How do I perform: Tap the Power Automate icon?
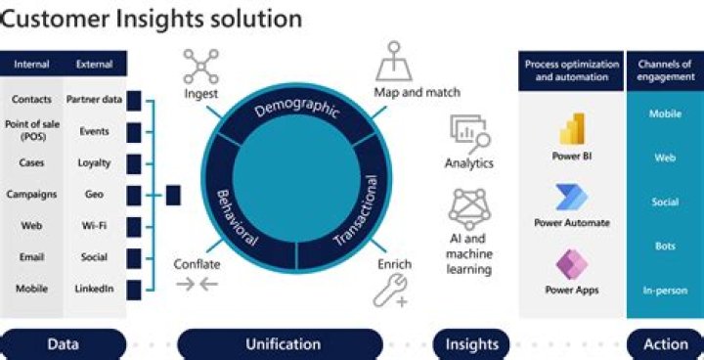click(x=571, y=197)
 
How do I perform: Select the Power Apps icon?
click(x=571, y=264)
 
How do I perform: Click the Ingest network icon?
click(x=200, y=67)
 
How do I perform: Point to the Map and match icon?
click(x=394, y=64)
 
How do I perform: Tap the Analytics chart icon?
click(x=468, y=132)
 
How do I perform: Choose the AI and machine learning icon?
click(x=468, y=208)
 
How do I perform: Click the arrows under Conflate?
click(x=196, y=285)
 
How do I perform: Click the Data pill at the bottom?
click(x=63, y=343)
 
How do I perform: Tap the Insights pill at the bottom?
click(x=472, y=343)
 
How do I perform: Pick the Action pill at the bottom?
click(x=665, y=343)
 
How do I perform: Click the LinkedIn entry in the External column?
click(x=94, y=289)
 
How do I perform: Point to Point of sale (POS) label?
click(x=31, y=131)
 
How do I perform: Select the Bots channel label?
click(x=665, y=247)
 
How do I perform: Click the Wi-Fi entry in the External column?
click(x=94, y=226)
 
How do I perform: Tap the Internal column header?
click(x=31, y=65)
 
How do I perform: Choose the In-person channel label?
click(x=665, y=291)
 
